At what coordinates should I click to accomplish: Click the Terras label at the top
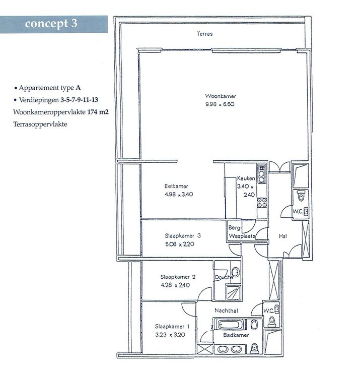[x=204, y=34]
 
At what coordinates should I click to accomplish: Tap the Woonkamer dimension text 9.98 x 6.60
[x=220, y=104]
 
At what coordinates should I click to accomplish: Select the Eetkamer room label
[x=176, y=186]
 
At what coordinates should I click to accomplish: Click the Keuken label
[x=246, y=178]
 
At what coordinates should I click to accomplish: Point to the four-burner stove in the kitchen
[x=262, y=203]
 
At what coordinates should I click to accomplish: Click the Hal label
[x=282, y=236]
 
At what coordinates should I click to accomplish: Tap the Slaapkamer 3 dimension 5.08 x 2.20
[x=180, y=244]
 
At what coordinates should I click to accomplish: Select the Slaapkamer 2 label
[x=178, y=277]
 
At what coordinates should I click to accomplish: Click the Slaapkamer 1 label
[x=172, y=327]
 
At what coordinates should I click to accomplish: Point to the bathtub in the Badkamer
[x=229, y=325]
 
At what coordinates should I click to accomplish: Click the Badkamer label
[x=236, y=335]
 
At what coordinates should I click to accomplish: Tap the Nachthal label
[x=226, y=311]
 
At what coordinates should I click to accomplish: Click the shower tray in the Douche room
[x=234, y=293]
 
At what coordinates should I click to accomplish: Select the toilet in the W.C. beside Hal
[x=301, y=196]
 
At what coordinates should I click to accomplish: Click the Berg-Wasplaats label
[x=242, y=232]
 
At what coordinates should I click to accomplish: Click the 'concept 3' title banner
[x=54, y=24]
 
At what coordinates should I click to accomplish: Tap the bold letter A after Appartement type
[x=78, y=88]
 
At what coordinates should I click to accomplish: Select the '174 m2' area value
[x=98, y=112]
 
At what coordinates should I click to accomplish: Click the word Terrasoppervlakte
[x=40, y=124]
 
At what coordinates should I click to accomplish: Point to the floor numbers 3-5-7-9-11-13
[x=79, y=100]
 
